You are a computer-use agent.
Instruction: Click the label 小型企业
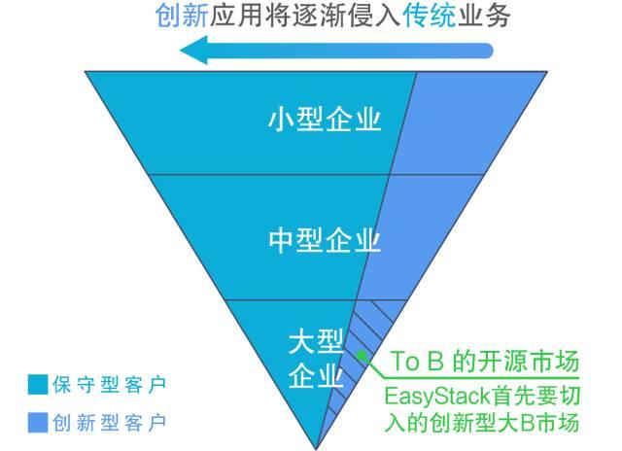tap(324, 120)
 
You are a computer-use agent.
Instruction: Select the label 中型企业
tap(324, 239)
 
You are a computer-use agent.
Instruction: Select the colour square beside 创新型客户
tap(36, 422)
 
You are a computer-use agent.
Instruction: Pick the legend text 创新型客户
tap(110, 422)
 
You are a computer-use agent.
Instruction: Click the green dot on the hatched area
tap(362, 357)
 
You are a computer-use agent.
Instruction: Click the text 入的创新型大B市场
tap(482, 423)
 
